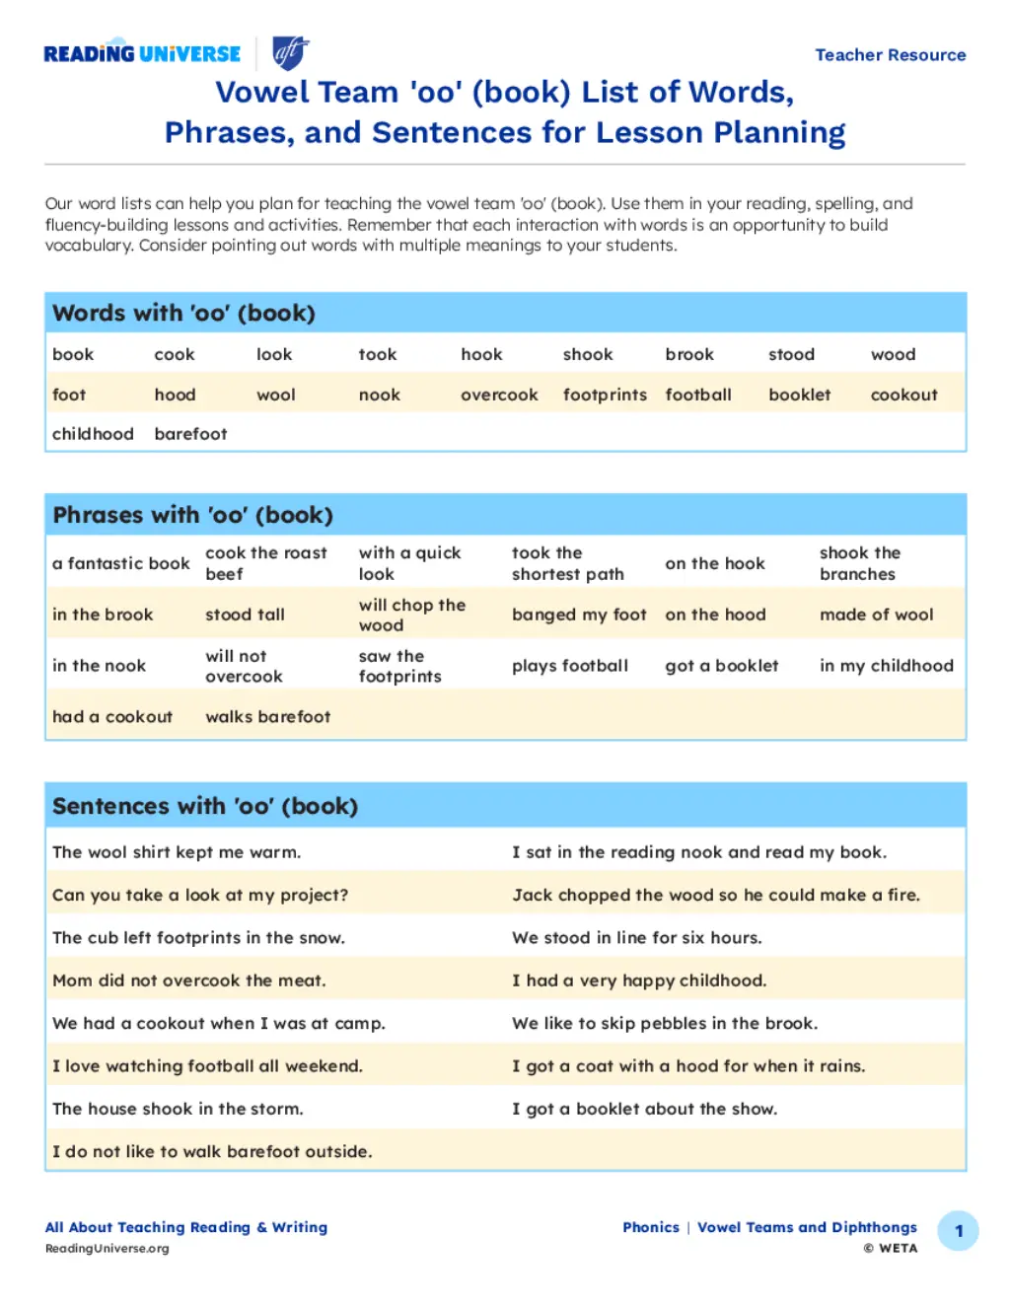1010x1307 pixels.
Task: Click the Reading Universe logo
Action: [x=142, y=54]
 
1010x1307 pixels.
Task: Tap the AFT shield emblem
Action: [x=289, y=53]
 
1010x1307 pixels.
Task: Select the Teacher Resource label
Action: [x=890, y=55]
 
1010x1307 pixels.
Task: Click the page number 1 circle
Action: [x=958, y=1231]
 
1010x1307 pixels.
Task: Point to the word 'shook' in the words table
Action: [x=588, y=355]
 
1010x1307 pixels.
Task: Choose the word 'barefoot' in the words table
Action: [x=190, y=434]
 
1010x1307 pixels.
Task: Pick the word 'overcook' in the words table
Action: [x=499, y=396]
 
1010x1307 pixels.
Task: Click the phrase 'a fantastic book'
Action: [x=120, y=564]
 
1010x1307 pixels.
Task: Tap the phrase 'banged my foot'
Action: [x=579, y=615]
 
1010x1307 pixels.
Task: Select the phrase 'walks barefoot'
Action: [x=267, y=717]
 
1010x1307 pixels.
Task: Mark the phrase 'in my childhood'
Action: [x=886, y=666]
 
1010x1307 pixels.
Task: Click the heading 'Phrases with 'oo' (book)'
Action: [x=192, y=515]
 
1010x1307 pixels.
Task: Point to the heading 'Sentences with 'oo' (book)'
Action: [x=205, y=806]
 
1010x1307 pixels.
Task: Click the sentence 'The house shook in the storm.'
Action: [x=178, y=1109]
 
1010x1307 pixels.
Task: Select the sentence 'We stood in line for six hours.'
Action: [x=636, y=938]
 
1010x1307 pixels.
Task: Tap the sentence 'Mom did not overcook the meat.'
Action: [x=188, y=980]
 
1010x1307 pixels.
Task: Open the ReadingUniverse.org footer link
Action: [x=107, y=1249]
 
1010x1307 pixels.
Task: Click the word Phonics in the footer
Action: [x=650, y=1227]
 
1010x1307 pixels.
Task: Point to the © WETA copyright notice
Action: [x=890, y=1249]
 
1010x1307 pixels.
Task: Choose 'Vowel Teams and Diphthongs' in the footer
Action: [x=807, y=1227]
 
